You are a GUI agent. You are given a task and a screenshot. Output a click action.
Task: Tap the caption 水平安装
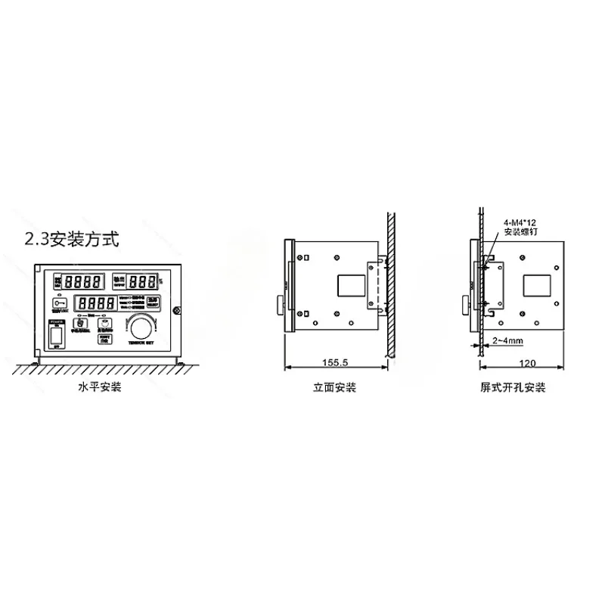click(100, 388)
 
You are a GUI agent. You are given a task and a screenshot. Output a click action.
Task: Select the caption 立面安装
click(335, 388)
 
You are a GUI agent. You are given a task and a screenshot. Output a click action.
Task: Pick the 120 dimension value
click(528, 362)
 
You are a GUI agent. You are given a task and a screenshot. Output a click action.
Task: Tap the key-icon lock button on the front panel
click(60, 304)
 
